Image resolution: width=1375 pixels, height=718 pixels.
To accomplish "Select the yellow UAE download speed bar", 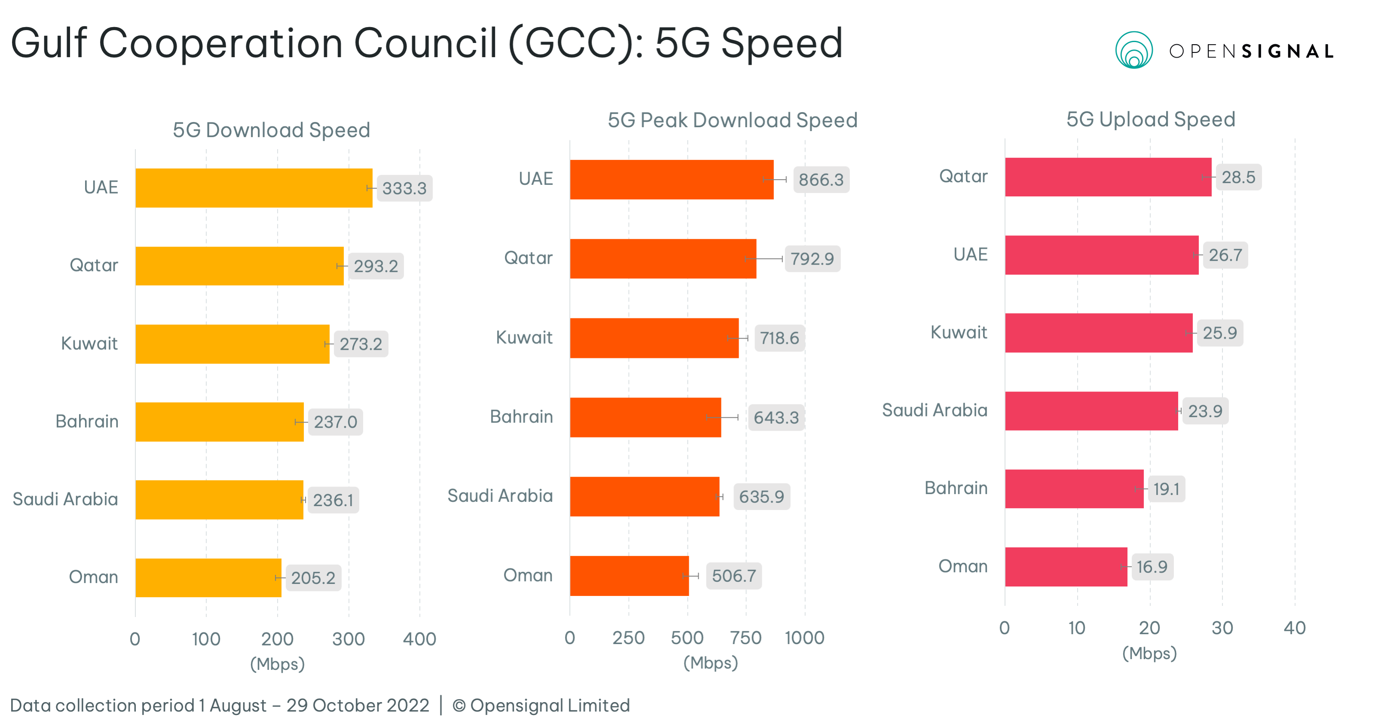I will coord(254,188).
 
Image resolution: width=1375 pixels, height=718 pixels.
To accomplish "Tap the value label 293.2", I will coord(376,266).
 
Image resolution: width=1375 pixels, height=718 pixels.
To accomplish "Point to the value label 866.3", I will coord(821,180).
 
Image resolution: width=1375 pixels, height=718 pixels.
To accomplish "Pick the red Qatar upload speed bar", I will coord(1108,177).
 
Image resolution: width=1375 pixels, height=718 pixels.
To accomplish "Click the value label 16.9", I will coord(1152,566).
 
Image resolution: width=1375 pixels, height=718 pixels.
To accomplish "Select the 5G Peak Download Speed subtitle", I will coord(732,120).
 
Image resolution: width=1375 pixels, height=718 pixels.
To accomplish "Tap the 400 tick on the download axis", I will coord(419,639).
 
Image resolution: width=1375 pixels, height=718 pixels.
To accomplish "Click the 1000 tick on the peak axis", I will coord(804,637).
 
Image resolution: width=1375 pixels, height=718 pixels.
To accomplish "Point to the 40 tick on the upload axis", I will coord(1294,628).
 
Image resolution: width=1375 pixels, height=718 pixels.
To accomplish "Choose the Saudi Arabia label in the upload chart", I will coord(934,410).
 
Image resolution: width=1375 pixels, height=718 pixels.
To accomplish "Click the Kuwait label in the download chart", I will coord(89,343).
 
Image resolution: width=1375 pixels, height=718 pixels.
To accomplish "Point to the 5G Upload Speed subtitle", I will coord(1150,119).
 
